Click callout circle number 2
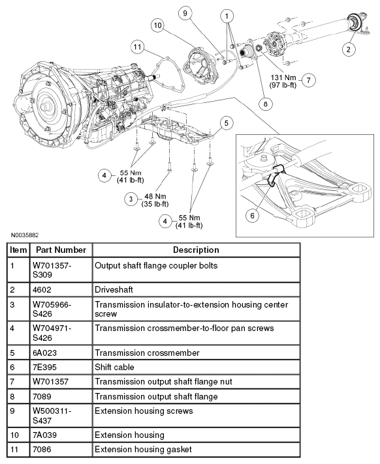[349, 49]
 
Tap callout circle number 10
[157, 25]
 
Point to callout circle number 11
[136, 46]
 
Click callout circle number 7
[308, 80]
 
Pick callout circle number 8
[265, 102]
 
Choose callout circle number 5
[225, 122]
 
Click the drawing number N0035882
[24, 233]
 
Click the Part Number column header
[61, 250]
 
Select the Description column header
[196, 250]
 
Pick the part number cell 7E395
[45, 367]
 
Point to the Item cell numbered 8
[13, 396]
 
